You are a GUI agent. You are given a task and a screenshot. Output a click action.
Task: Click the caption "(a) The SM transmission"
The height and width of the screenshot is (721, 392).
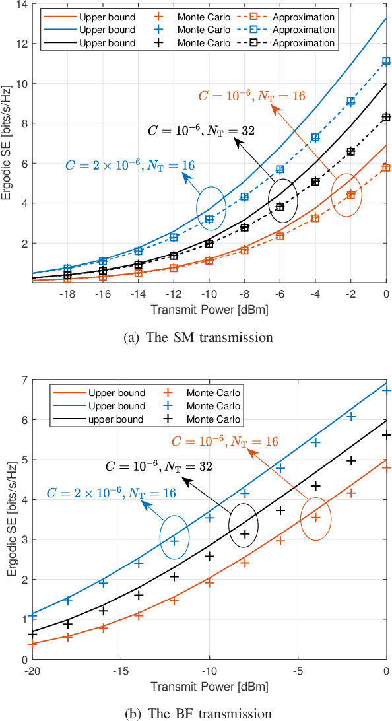pos(198,338)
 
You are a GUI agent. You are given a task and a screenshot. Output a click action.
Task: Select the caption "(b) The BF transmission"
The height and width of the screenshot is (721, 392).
pos(198,713)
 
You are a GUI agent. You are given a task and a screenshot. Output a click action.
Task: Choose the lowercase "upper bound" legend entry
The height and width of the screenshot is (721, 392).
pos(117,419)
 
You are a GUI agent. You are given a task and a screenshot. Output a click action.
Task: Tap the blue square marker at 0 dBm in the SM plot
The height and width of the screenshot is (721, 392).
pos(386,61)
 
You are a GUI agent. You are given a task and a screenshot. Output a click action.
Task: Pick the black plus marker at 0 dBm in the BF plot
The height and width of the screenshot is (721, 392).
pos(386,435)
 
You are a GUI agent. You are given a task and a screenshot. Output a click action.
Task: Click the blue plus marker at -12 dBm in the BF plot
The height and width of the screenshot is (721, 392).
pos(174,541)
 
